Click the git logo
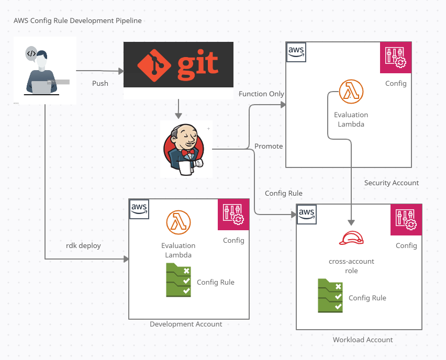[x=178, y=64]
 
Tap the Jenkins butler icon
[x=186, y=149]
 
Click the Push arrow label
[x=100, y=83]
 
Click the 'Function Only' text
[x=261, y=94]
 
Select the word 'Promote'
[x=269, y=146]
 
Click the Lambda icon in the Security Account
[x=351, y=92]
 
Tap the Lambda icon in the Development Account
[x=178, y=222]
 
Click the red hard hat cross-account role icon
[x=351, y=238]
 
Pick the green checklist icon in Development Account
[x=179, y=280]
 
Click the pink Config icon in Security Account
[x=396, y=58]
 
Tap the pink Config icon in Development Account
[x=233, y=215]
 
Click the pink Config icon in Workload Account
[x=406, y=220]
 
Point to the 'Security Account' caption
[x=392, y=183]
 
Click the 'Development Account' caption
[x=186, y=324]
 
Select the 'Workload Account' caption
[x=363, y=340]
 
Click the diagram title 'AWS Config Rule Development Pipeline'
[x=77, y=20]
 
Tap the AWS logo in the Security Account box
[x=296, y=51]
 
